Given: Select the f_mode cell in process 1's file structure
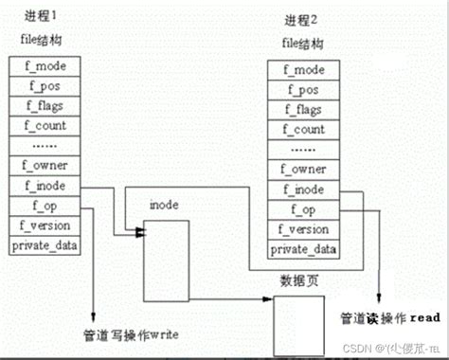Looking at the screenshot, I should [44, 67].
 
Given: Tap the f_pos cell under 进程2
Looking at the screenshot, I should [302, 91].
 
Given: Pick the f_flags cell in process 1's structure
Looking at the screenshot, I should [44, 107].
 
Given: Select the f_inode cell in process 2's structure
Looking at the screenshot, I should [302, 190].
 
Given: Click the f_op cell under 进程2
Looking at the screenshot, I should [302, 210].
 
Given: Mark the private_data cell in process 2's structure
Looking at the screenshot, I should [302, 250].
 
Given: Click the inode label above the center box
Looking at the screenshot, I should [165, 206].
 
